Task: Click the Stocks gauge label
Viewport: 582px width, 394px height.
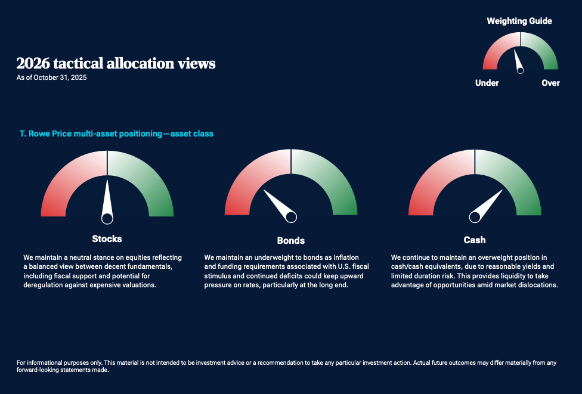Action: click(x=107, y=238)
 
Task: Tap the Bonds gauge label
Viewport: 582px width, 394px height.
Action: click(x=290, y=240)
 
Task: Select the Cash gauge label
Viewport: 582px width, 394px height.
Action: click(x=474, y=240)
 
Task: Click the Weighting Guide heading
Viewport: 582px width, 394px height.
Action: click(x=519, y=21)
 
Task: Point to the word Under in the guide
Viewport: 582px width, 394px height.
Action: click(x=487, y=83)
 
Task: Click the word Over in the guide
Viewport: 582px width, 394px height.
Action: click(x=550, y=83)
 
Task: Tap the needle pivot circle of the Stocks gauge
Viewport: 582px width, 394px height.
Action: click(x=107, y=219)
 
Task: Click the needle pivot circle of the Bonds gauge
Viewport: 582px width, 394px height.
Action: click(x=291, y=217)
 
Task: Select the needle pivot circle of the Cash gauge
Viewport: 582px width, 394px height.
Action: click(x=475, y=217)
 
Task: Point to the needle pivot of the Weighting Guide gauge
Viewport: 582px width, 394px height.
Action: click(x=521, y=70)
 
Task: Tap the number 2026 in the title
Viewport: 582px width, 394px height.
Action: click(x=33, y=63)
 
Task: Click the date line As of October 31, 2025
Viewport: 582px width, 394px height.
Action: click(x=52, y=77)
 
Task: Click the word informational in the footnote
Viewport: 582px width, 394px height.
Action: click(x=44, y=362)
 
